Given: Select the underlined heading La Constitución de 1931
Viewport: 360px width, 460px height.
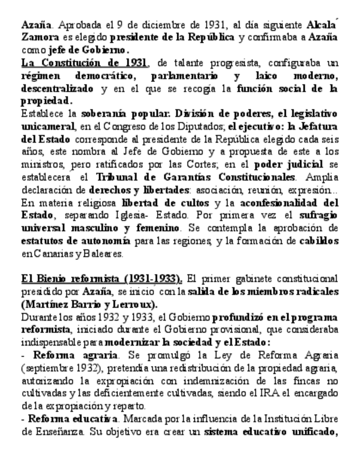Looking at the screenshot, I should pyautogui.click(x=84, y=63).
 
